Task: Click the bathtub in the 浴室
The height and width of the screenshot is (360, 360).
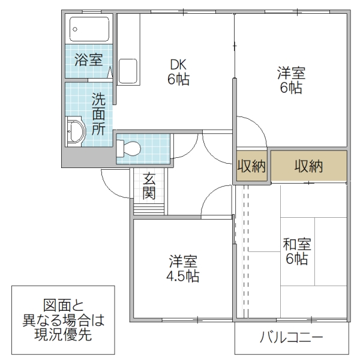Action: [89, 28]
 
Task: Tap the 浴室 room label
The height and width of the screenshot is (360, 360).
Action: [88, 60]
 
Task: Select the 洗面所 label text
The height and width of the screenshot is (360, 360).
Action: [98, 114]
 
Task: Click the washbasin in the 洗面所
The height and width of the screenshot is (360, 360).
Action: [76, 131]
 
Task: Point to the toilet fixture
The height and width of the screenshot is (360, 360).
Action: [130, 148]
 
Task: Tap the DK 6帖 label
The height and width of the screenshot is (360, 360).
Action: [178, 71]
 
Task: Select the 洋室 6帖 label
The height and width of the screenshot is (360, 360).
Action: [290, 80]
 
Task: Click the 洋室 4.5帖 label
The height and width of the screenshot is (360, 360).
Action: [184, 269]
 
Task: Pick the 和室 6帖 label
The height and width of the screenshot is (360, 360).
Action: [296, 251]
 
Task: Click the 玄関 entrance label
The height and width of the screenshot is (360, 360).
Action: [150, 185]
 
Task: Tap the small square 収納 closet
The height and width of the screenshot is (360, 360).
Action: [251, 167]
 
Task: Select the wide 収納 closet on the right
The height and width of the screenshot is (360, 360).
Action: [308, 167]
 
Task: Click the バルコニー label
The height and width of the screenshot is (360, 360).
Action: [292, 338]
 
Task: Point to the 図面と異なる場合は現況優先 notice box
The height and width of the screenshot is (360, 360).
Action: [63, 320]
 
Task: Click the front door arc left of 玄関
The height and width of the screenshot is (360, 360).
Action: [116, 178]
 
